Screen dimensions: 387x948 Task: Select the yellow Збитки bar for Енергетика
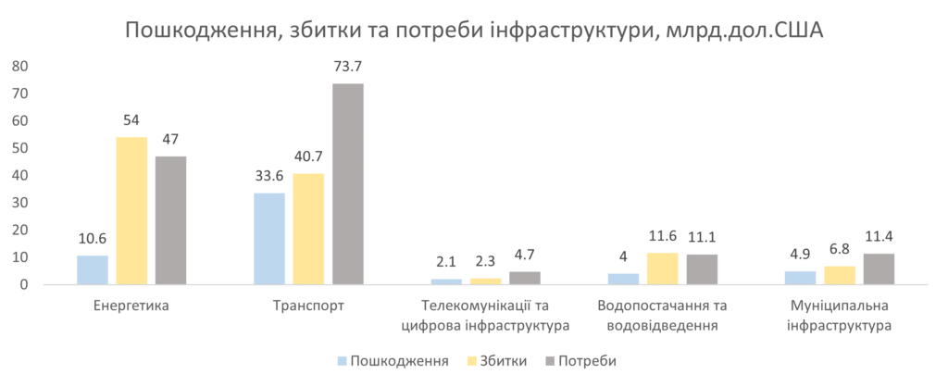(131, 210)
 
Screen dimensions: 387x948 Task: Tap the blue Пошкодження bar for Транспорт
(269, 238)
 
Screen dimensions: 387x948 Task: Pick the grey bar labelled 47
(170, 219)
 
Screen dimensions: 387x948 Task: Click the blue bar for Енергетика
(93, 269)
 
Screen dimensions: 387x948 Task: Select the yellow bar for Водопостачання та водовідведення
(663, 268)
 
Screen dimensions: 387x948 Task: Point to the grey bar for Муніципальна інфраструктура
(879, 268)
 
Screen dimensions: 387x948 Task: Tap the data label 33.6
(269, 176)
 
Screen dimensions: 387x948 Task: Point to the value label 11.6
(663, 236)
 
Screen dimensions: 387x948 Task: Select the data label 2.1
(446, 262)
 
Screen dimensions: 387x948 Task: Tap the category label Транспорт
(308, 305)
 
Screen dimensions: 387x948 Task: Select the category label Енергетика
(131, 305)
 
